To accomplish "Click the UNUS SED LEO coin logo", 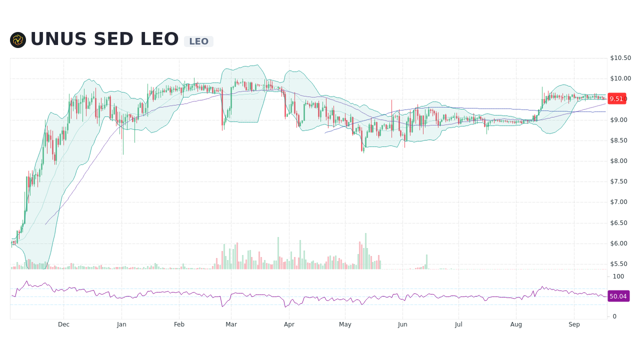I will click(18, 40).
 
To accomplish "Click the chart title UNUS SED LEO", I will click(104, 39).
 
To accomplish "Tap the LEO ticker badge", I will click(198, 41).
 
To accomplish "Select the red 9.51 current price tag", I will click(616, 99).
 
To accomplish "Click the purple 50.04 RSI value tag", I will click(618, 296).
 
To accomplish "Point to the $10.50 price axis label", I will click(620, 58).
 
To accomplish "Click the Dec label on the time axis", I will click(63, 324).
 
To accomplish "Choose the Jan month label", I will click(121, 324).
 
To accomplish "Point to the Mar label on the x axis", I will click(231, 324).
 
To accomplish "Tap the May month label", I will click(345, 324).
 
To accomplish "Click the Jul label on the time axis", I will click(458, 324).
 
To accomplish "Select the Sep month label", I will click(574, 324).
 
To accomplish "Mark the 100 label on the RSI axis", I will click(618, 276).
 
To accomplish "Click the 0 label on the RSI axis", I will click(614, 316).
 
